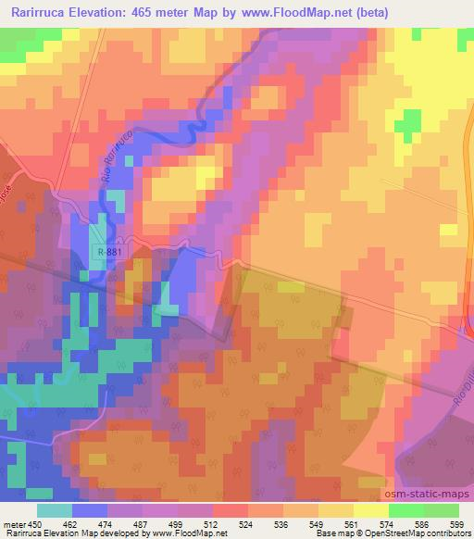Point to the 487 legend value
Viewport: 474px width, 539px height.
[142, 523]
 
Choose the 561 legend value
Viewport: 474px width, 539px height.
[353, 523]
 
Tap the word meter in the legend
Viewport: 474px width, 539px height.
[13, 523]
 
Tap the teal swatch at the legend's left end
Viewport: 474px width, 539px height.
[55, 510]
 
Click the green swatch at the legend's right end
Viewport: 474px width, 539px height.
[441, 510]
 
